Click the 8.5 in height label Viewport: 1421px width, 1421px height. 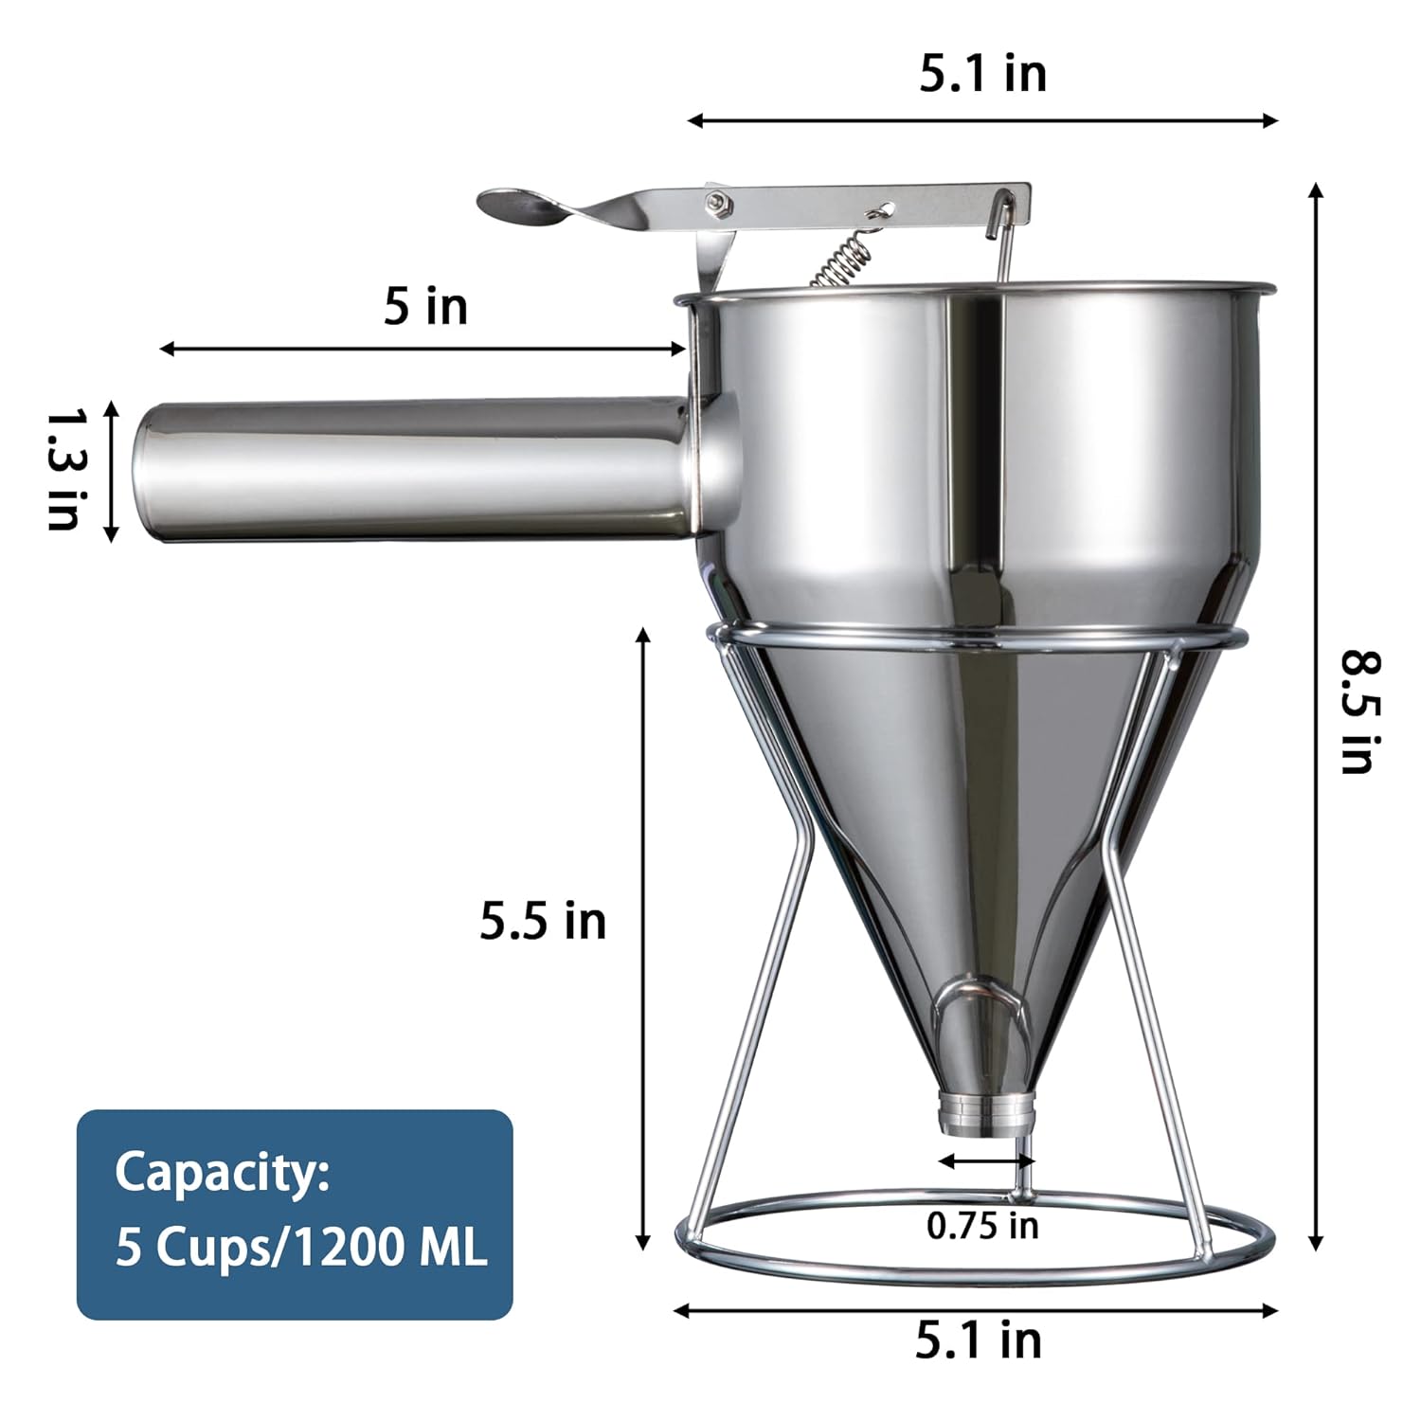pos(1360,712)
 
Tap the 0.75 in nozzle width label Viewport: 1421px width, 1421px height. pos(982,1226)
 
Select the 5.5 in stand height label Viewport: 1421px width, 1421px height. pos(543,921)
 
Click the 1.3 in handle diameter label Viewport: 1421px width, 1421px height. pos(67,469)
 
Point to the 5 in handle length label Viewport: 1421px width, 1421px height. pos(425,307)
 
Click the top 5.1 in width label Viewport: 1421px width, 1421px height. pos(982,74)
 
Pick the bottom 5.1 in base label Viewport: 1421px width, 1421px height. pos(978,1340)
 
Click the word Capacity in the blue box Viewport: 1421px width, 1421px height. pos(222,1173)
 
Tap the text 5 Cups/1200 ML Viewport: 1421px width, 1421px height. pos(300,1247)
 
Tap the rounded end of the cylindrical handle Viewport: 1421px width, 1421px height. pos(147,472)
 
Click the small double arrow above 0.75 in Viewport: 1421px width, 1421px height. pos(985,1160)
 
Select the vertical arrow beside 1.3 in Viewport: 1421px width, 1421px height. pos(111,472)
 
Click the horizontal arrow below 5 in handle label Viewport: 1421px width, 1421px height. pos(423,350)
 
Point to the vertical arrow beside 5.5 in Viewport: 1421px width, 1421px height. pos(644,938)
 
